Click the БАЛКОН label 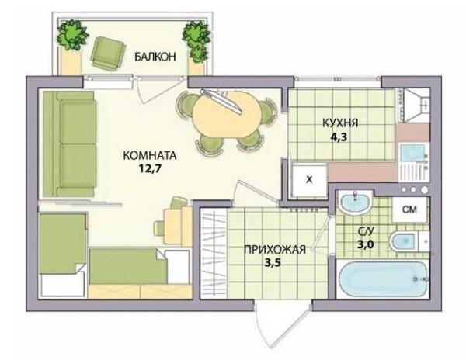(x=155, y=57)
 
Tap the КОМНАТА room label (x=149, y=155)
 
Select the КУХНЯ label (x=340, y=123)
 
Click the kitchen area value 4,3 (x=339, y=137)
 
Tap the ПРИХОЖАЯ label (x=275, y=250)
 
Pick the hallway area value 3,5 (x=273, y=263)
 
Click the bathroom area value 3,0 (x=365, y=245)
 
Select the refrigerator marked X (x=309, y=179)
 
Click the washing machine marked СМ (x=409, y=209)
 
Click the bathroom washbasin (x=355, y=202)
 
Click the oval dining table (x=227, y=115)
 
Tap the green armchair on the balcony (x=108, y=53)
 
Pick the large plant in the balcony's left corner (x=72, y=34)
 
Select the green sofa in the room (x=69, y=144)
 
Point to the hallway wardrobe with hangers (x=214, y=253)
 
